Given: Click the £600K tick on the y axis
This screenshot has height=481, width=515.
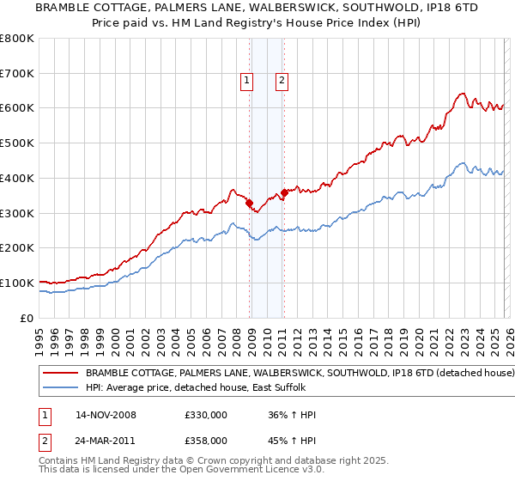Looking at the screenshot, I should [17, 108].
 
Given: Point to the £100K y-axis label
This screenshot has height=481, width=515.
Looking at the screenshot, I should [17, 283].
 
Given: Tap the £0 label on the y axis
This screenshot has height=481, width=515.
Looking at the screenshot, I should [27, 318].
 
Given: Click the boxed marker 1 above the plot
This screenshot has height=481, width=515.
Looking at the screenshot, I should [246, 82].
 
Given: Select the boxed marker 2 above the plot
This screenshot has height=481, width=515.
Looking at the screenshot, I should [282, 82].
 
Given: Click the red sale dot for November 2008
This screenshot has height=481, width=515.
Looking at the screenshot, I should [250, 203].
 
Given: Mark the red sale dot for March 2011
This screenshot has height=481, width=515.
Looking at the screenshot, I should [285, 193].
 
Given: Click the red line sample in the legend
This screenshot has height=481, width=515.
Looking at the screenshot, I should [60, 374].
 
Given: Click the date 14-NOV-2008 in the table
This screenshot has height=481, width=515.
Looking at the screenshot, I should [106, 415].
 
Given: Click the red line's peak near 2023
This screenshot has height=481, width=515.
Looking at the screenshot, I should [462, 93].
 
